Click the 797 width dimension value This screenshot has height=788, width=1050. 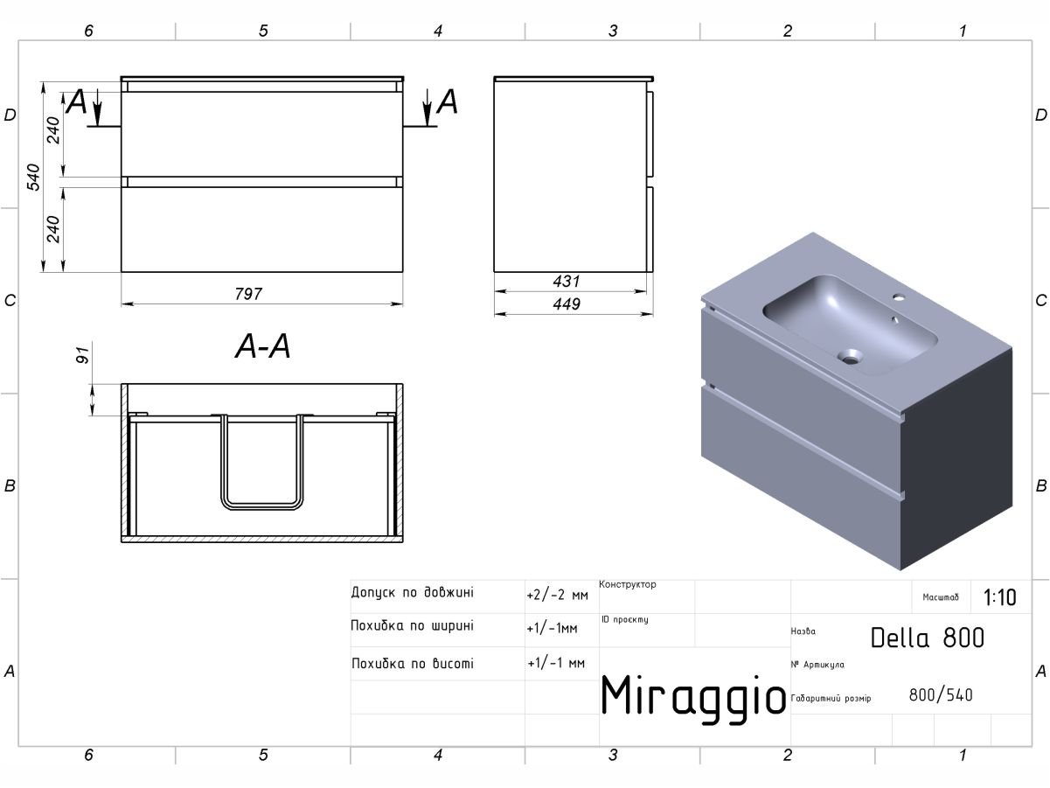[248, 293]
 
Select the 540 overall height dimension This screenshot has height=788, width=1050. [33, 177]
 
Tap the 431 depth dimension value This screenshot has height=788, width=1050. [567, 281]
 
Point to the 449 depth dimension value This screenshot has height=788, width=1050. [567, 303]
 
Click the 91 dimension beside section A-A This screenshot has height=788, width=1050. [82, 355]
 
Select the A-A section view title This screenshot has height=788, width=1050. [262, 346]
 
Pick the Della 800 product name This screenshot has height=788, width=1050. [927, 638]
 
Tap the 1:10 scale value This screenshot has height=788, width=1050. [1000, 597]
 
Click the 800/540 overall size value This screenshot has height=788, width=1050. [941, 694]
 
